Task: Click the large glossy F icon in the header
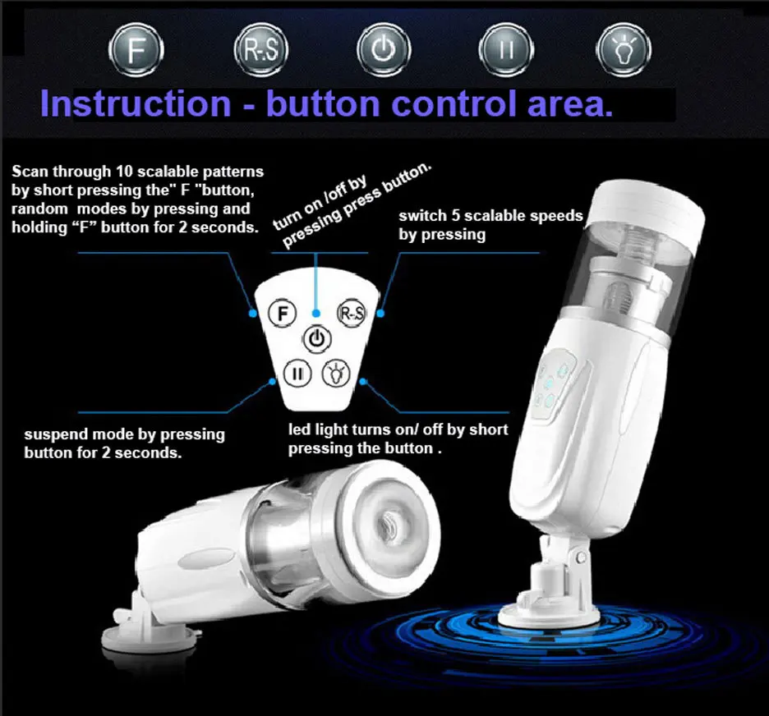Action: (x=136, y=50)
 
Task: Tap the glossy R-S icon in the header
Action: (x=261, y=50)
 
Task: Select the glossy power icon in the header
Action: (x=384, y=50)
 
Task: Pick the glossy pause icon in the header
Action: (x=506, y=50)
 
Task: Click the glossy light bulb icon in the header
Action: (x=624, y=50)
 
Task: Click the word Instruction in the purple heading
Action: (x=136, y=103)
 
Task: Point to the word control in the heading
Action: (x=454, y=103)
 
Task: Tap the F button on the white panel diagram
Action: (x=283, y=313)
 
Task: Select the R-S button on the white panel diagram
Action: (x=352, y=313)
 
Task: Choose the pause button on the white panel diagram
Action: (x=297, y=374)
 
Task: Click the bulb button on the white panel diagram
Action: (x=336, y=374)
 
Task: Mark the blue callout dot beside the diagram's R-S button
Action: (x=380, y=313)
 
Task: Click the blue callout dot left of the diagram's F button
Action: (x=253, y=313)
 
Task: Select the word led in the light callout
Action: (x=298, y=429)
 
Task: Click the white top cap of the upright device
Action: (x=647, y=206)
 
